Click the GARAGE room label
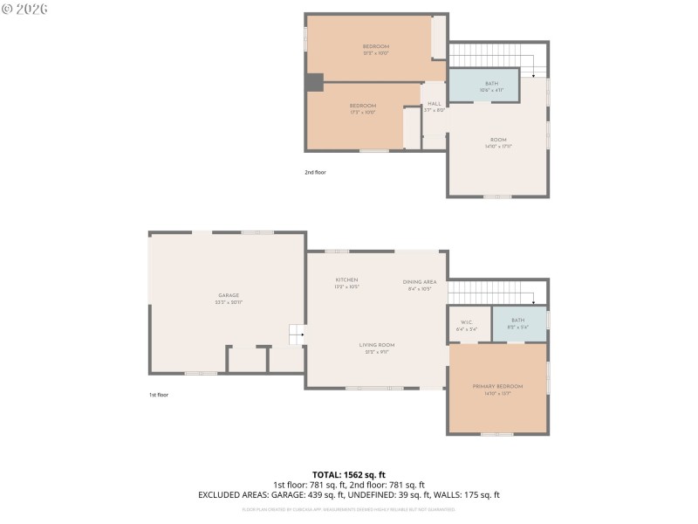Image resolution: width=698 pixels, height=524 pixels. [x=229, y=295]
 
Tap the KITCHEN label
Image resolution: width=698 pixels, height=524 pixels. [x=346, y=279]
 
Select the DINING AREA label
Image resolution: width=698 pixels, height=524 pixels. [x=420, y=281]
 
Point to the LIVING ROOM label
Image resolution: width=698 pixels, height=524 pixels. [x=377, y=345]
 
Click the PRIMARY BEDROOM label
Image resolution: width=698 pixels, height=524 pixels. [x=498, y=386]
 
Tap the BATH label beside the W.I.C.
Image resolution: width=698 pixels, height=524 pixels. [x=518, y=321]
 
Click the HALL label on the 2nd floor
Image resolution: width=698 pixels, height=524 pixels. [x=435, y=104]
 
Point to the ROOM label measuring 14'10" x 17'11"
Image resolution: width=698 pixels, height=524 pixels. [x=498, y=140]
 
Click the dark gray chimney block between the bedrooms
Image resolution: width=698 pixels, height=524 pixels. [x=314, y=81]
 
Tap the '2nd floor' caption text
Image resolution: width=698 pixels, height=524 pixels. [x=315, y=172]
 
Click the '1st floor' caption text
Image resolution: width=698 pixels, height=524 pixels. [x=158, y=395]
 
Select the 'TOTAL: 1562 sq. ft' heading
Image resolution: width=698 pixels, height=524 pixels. [x=349, y=474]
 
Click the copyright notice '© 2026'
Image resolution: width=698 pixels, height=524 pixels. [x=24, y=9]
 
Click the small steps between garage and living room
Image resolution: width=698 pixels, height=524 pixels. [x=298, y=332]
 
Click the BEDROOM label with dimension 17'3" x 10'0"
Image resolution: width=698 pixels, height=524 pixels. [x=363, y=106]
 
